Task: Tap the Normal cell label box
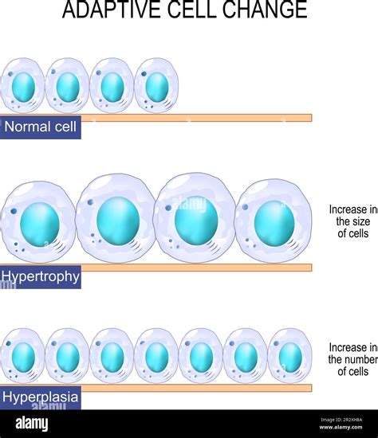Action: [x=41, y=127]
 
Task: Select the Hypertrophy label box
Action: [x=41, y=277]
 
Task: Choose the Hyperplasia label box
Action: [x=41, y=397]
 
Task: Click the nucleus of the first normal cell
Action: [x=23, y=87]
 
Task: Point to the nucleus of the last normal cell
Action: [x=157, y=87]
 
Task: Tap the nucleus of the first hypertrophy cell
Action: [x=40, y=225]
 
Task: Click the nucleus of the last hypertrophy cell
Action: [x=274, y=224]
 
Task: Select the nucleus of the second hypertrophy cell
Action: [x=118, y=221]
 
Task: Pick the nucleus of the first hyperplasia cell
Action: [x=23, y=358]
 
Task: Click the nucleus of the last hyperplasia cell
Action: [x=290, y=358]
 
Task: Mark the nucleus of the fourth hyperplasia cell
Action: [x=157, y=358]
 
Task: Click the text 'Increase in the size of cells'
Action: [x=353, y=221]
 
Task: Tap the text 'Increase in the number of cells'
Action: [x=353, y=359]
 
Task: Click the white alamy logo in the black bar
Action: [x=32, y=424]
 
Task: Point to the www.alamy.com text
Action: [x=341, y=427]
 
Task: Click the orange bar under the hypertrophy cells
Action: [x=196, y=268]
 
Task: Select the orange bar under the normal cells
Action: [x=196, y=118]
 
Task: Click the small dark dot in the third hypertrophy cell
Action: [x=168, y=208]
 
